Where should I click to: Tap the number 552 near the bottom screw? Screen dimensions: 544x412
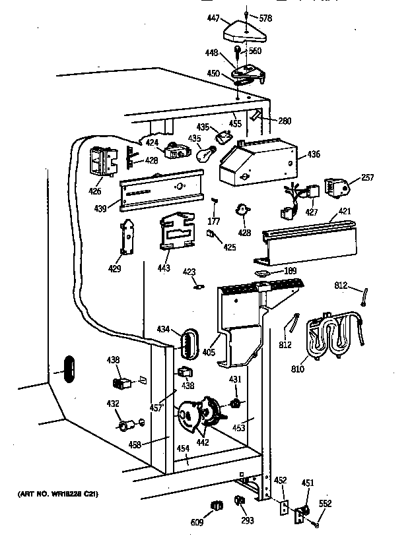pos(326,504)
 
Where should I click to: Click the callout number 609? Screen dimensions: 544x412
pos(196,522)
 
